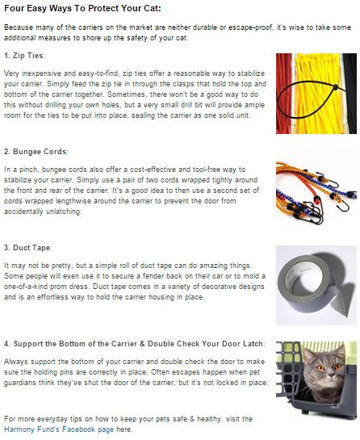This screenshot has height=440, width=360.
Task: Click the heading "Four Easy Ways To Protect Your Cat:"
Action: coord(83,8)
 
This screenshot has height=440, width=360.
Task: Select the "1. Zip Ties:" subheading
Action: coord(24,56)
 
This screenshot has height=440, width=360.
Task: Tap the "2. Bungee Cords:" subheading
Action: coord(36,152)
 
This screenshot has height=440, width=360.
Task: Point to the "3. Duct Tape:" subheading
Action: coord(28,248)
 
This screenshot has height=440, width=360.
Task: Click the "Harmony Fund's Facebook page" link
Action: coord(59,430)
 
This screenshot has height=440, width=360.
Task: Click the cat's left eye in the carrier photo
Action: coord(321,367)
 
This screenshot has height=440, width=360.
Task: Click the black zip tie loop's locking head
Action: coord(335,87)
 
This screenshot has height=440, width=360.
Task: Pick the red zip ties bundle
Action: coord(283,94)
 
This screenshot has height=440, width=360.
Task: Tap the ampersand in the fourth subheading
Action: coord(142,344)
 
